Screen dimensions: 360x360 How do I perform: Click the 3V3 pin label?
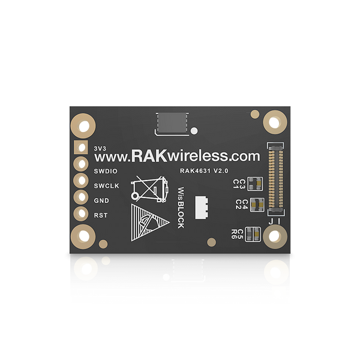tap(100, 148)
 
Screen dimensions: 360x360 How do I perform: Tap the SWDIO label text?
tap(106, 171)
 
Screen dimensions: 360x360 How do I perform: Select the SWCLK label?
tap(107, 186)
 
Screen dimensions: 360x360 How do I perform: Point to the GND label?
tap(101, 200)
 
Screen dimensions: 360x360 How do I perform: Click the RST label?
tap(101, 215)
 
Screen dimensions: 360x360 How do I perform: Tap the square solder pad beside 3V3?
tap(81, 147)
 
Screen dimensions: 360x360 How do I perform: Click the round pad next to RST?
tap(81, 214)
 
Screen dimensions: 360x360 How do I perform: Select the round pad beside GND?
tap(81, 197)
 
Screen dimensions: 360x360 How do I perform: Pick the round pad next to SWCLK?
tap(81, 181)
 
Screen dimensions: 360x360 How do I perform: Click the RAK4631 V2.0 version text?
tap(204, 171)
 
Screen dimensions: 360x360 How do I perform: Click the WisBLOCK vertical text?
tap(181, 208)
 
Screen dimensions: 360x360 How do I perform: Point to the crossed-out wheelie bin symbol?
tap(149, 189)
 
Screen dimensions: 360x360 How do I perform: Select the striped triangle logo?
tap(150, 223)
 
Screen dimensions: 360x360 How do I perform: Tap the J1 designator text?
tap(275, 221)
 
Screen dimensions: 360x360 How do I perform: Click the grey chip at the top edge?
tap(172, 123)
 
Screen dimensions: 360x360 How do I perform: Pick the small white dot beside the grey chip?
tap(194, 131)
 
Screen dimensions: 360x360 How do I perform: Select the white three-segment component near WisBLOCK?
tap(202, 208)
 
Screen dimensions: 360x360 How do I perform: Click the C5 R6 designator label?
tap(237, 234)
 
